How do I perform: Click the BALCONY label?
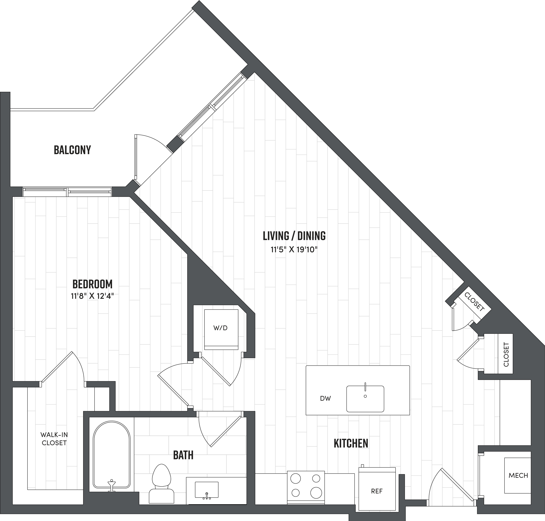click(72, 150)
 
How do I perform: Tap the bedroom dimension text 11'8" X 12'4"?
click(92, 296)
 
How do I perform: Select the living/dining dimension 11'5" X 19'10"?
click(294, 250)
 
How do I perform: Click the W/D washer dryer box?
click(221, 329)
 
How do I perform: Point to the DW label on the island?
click(325, 398)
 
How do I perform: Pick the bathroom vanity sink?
click(206, 490)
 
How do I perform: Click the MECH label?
click(518, 476)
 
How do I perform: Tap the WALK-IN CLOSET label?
click(54, 439)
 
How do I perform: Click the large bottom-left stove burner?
click(296, 493)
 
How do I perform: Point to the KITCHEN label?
click(351, 444)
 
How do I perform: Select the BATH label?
click(183, 455)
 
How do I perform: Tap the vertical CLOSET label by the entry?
click(506, 354)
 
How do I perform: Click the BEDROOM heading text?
click(92, 284)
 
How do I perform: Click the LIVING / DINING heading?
click(294, 236)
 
